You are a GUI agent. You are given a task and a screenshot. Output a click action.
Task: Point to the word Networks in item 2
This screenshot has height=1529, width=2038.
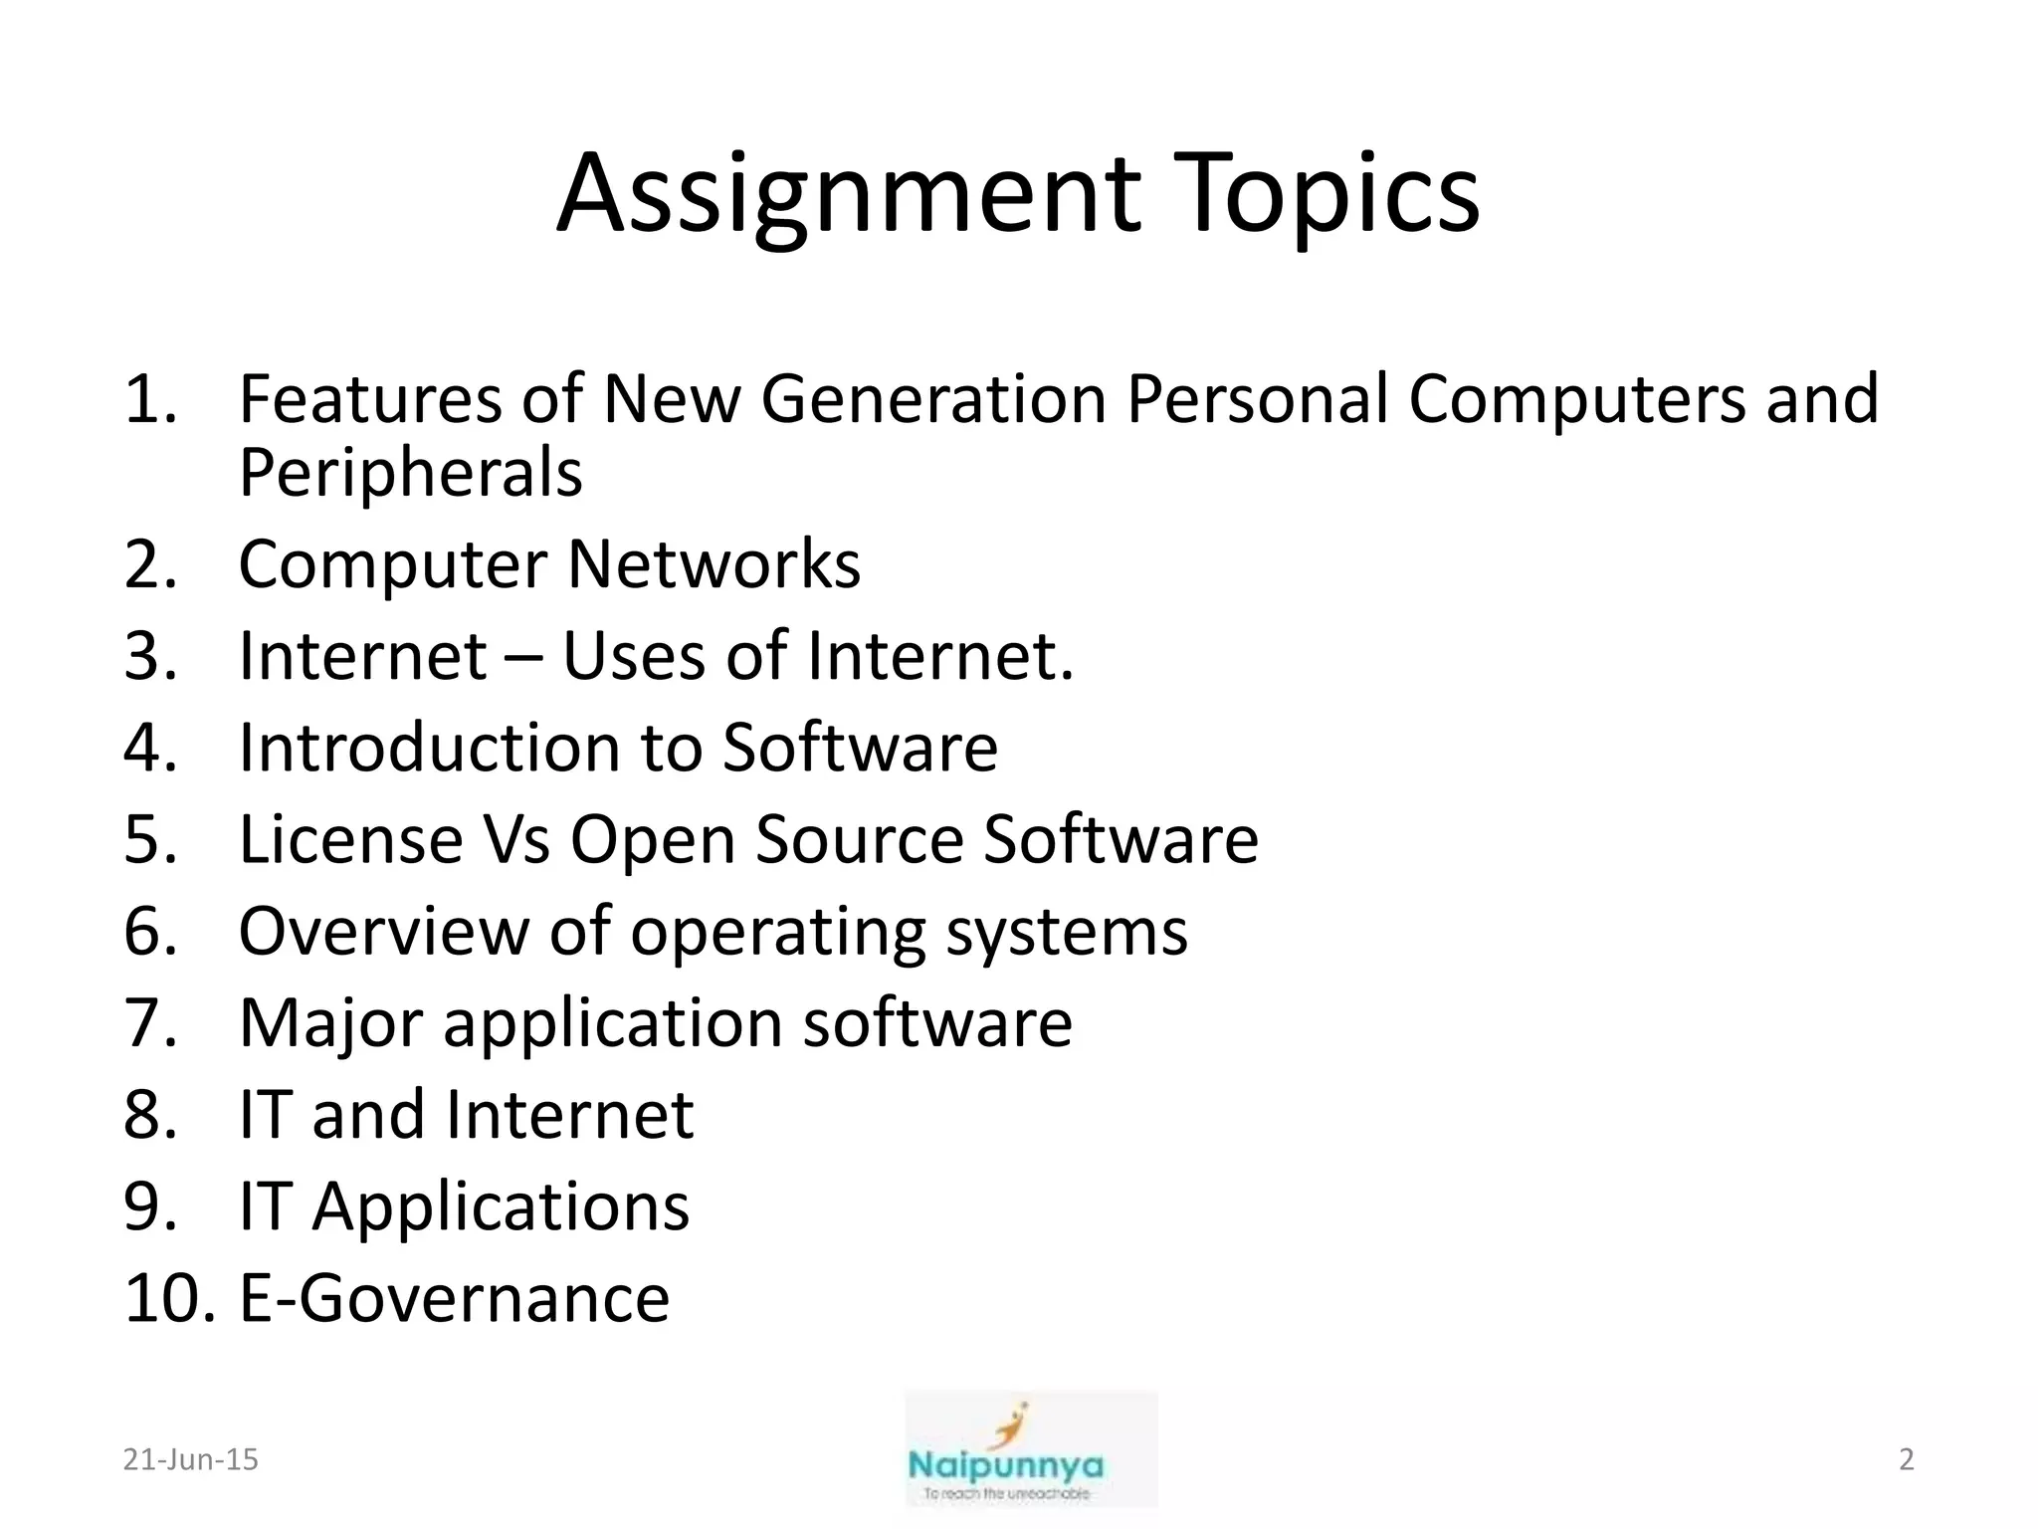(x=713, y=564)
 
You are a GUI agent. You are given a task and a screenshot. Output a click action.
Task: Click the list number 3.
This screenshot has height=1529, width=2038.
(x=149, y=657)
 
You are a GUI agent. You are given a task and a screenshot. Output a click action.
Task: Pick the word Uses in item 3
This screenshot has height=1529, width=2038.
(x=634, y=657)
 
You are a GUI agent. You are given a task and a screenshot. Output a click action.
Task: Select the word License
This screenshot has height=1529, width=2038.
(x=350, y=839)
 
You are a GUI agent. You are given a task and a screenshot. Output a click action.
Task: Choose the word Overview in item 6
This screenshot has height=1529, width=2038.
(x=384, y=932)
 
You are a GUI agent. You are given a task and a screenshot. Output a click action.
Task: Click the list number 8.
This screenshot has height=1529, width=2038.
(x=149, y=1115)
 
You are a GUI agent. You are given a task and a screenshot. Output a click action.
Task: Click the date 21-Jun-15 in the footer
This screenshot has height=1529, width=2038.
(x=190, y=1459)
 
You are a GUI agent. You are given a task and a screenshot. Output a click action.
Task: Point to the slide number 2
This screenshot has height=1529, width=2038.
(x=1906, y=1459)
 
